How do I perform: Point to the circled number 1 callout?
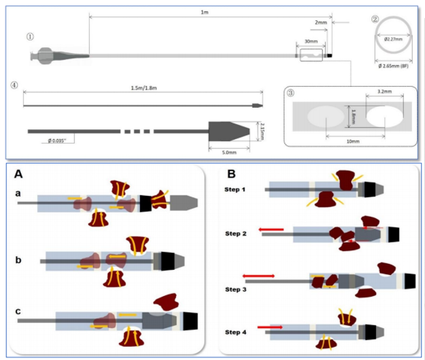29,37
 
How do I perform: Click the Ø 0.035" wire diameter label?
61,139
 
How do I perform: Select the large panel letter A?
18,174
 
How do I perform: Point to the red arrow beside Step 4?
269,325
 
